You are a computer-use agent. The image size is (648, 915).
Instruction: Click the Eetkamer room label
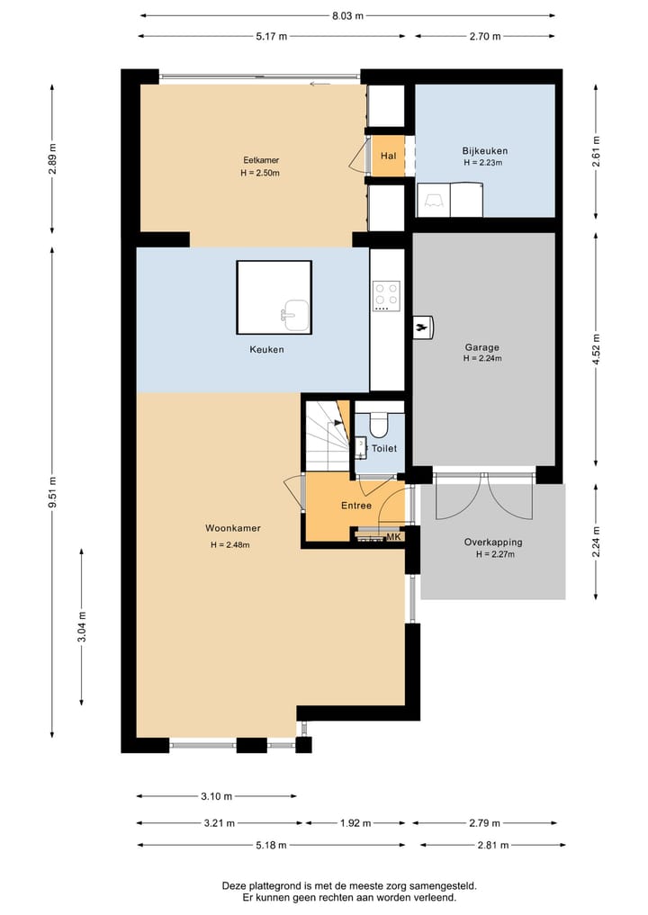point(261,160)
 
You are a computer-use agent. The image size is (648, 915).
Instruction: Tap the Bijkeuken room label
point(484,151)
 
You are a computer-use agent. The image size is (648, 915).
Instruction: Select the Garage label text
point(482,347)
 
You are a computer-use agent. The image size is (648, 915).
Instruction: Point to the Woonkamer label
point(232,528)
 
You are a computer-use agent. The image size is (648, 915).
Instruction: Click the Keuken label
point(266,350)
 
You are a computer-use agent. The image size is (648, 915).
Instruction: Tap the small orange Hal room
point(388,156)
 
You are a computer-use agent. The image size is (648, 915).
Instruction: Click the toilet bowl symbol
point(379,425)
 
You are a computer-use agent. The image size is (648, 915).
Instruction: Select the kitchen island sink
point(295,316)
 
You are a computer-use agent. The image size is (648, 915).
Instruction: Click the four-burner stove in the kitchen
point(386,296)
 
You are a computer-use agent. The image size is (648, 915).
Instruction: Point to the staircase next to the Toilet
point(328,435)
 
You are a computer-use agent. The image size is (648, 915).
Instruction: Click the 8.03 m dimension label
point(348,16)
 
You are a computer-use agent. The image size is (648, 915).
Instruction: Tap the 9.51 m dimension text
point(52,492)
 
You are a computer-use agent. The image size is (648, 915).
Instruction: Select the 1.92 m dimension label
point(355,823)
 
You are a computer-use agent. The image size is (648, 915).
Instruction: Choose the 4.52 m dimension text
point(596,349)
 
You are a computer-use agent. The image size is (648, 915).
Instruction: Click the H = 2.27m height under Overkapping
point(495,554)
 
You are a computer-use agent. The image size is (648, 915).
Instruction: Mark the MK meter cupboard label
point(394,537)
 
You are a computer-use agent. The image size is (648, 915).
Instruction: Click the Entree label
point(356,506)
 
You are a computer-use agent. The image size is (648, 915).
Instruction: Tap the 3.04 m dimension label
point(82,627)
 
